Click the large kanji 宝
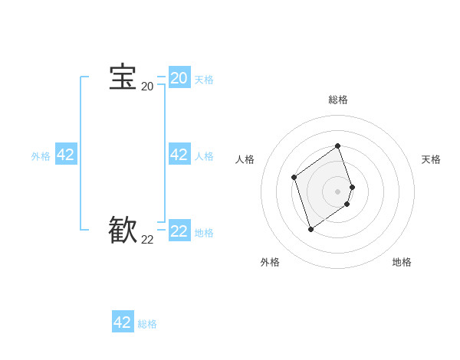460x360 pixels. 123,78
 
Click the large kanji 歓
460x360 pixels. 123,231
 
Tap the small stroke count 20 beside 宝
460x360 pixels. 147,87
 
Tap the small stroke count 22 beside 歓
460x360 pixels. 147,240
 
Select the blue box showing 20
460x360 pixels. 179,78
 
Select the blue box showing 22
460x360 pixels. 179,231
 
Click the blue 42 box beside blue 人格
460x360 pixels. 179,155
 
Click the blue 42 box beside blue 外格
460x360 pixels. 66,155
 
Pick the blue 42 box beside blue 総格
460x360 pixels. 123,322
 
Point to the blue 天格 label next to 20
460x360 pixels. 204,80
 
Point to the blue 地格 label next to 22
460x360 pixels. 204,233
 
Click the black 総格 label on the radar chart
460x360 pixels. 338,100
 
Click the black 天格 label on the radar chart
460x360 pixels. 431,159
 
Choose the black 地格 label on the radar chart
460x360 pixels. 402,262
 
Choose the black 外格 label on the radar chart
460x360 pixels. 270,262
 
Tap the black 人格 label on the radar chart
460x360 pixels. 245,159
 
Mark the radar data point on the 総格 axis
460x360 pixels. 338,146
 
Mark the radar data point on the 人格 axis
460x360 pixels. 294,178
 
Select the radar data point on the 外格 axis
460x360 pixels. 310,229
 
